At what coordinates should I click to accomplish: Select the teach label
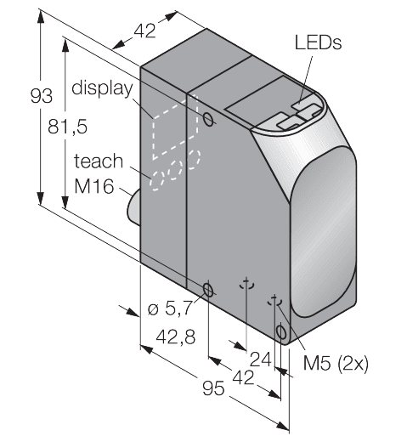99,161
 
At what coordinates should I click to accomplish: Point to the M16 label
93,187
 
